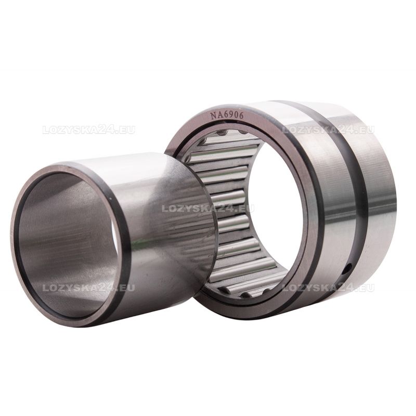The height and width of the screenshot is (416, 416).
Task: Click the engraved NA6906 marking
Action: pos(227,115)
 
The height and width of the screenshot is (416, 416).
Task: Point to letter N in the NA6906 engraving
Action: pos(213,115)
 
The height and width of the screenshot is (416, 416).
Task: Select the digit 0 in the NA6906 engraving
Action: pos(236,114)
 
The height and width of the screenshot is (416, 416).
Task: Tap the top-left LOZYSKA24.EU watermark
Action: pos(88,131)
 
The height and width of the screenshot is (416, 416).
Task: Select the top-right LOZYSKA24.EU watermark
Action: pos(328,131)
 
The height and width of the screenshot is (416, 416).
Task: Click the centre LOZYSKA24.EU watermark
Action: pos(208,209)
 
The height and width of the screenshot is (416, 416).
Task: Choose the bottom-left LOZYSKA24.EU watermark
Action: pos(88,288)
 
